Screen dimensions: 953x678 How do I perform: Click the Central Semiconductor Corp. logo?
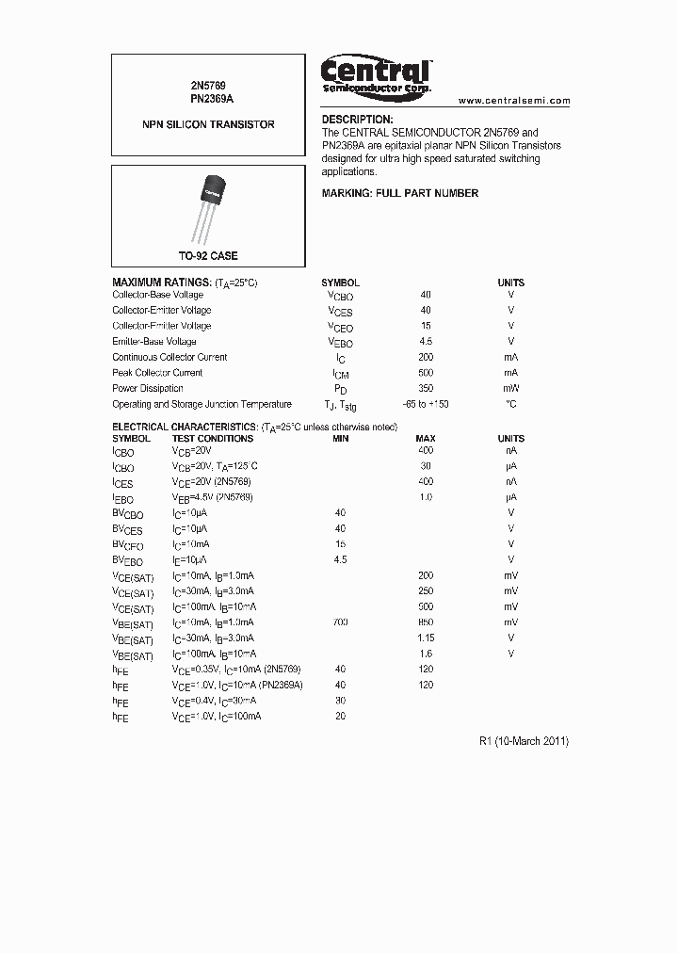coord(376,74)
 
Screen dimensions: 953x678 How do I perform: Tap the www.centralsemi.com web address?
coord(514,100)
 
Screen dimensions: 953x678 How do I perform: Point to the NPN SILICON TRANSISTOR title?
coord(208,124)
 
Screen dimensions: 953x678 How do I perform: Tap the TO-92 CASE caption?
coord(208,256)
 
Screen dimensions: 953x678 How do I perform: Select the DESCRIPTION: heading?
coord(357,120)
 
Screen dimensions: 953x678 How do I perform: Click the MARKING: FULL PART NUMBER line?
coord(399,193)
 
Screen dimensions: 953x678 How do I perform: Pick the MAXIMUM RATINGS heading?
coord(161,283)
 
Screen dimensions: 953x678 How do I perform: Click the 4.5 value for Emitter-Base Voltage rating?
coord(426,341)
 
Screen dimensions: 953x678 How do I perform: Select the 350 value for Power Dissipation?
coord(426,388)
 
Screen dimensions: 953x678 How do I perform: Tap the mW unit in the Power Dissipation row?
coord(510,388)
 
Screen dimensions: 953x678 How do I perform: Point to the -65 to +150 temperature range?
coord(426,404)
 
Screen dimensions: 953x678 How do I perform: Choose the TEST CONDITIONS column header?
coord(212,439)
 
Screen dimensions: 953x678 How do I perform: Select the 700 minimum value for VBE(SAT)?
coord(340,622)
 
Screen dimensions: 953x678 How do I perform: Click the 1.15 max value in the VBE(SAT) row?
coord(426,638)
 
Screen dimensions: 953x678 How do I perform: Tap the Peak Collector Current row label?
coord(157,373)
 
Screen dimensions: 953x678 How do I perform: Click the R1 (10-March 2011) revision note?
coord(524,741)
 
